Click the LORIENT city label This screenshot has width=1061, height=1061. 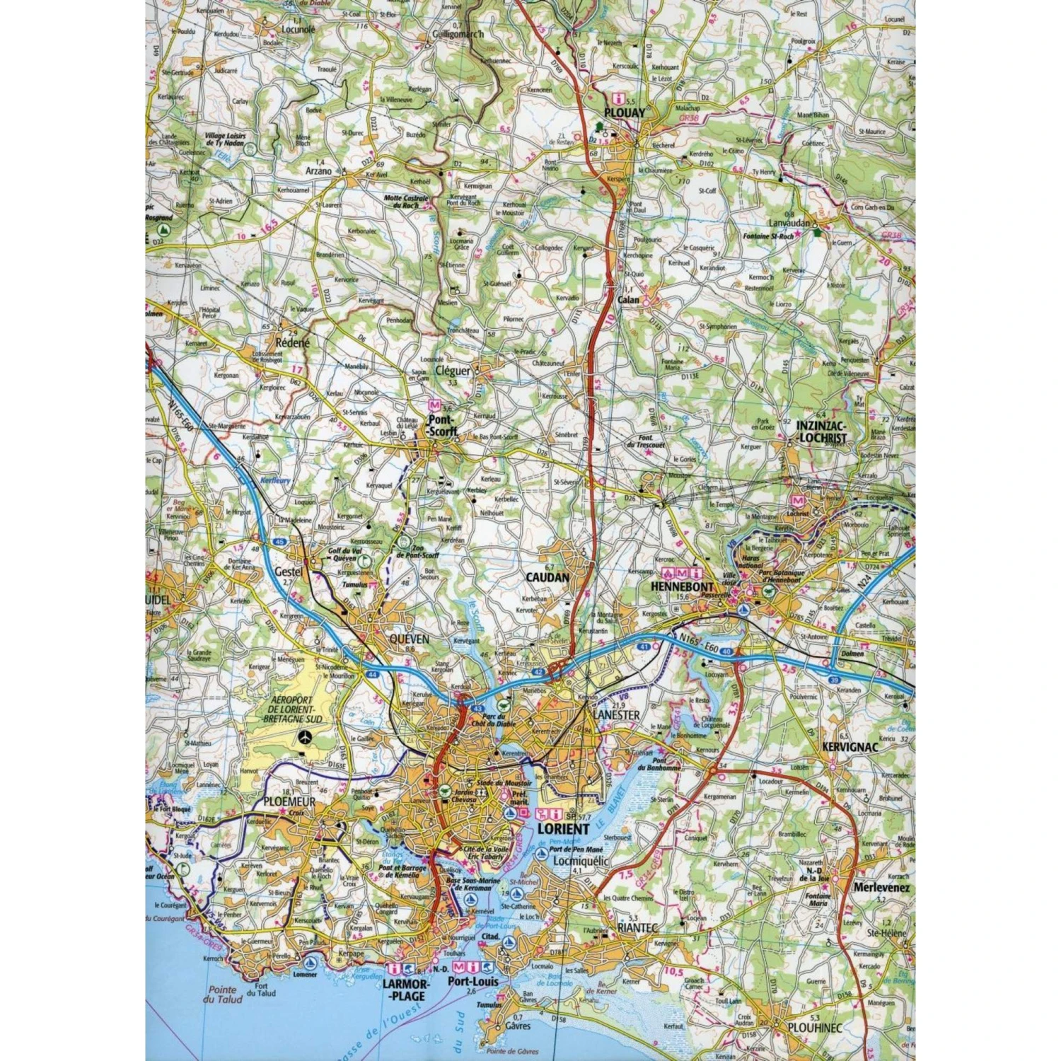(x=563, y=828)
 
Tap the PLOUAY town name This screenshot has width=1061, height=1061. (x=625, y=112)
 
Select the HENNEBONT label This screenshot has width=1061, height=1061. (x=682, y=586)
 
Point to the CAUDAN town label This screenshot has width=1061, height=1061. (x=547, y=577)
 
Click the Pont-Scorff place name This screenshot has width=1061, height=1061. (x=443, y=424)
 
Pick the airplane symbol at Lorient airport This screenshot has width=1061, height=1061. (x=305, y=738)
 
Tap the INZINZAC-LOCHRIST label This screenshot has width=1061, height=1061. (x=821, y=431)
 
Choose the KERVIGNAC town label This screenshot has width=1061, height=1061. (x=850, y=747)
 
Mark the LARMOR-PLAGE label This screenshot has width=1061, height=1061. (x=405, y=990)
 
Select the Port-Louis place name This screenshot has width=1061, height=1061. (x=472, y=982)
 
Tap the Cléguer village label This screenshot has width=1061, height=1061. (x=453, y=370)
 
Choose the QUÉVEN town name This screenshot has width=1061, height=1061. (x=410, y=638)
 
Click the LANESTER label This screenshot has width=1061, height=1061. (x=617, y=716)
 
